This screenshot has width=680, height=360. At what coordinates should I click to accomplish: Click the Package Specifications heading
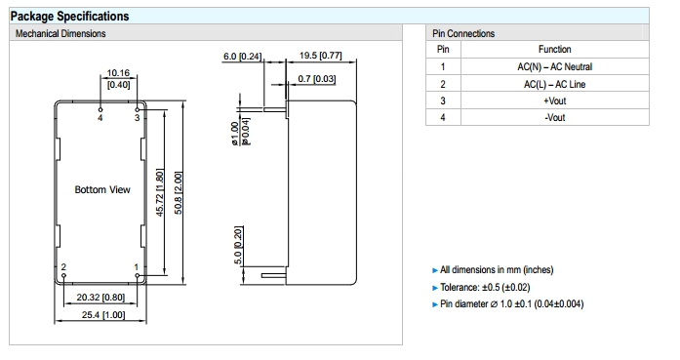(x=70, y=17)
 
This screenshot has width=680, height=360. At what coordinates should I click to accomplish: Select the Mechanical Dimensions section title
(x=60, y=33)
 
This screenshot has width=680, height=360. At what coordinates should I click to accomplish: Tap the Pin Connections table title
(x=463, y=33)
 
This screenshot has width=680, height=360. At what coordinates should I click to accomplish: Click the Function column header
(x=555, y=49)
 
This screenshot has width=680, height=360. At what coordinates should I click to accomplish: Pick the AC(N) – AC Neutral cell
(x=555, y=66)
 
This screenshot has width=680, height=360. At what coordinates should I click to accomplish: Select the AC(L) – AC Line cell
(x=555, y=84)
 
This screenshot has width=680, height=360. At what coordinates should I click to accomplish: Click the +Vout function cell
(x=555, y=100)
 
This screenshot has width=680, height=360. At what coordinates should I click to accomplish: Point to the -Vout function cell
(x=555, y=117)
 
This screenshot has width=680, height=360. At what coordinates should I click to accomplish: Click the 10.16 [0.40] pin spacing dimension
(x=118, y=78)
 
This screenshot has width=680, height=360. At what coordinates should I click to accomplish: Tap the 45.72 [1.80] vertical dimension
(x=160, y=192)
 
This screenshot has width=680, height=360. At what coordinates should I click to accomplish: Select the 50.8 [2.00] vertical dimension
(x=178, y=192)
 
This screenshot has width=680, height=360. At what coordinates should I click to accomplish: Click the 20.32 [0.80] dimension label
(x=100, y=298)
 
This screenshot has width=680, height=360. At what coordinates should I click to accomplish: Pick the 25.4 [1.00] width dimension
(x=103, y=315)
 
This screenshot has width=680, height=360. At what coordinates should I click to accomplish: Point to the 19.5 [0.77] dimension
(x=320, y=56)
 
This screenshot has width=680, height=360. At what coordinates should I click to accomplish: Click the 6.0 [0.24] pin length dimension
(x=242, y=57)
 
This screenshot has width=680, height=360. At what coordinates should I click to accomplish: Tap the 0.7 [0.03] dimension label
(x=316, y=79)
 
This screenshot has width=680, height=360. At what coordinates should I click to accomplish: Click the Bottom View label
(x=102, y=189)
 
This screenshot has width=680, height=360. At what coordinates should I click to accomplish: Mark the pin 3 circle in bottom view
(x=138, y=109)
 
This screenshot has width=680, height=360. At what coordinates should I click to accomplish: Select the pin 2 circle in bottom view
(x=64, y=275)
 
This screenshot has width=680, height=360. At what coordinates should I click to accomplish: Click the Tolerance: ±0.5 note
(x=485, y=287)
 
